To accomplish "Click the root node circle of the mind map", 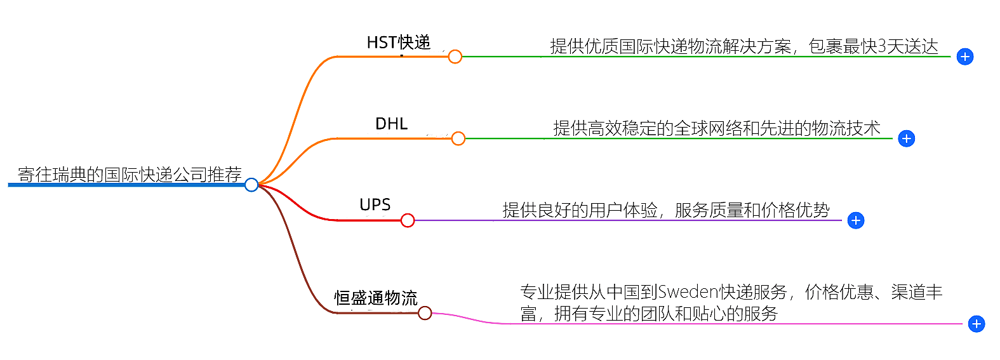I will coord(251,185).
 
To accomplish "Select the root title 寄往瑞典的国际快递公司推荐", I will coord(130,174).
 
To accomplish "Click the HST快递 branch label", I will coord(399,43).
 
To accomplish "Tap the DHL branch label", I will coord(391,124).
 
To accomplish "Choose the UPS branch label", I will coord(375,205).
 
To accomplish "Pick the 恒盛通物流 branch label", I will coord(376,298).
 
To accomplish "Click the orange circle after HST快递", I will coord(455,57).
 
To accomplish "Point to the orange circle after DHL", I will coord(458,138).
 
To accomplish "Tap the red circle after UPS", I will coord(408,220).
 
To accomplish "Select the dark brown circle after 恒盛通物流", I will coord(425,313).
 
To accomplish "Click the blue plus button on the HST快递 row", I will coord(965,57).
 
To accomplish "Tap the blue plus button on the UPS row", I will coord(856,220).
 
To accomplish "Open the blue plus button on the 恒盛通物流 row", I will coord(977,324).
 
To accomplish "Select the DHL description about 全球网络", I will coord(716,128).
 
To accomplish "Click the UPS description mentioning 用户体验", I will coord(665,210).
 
